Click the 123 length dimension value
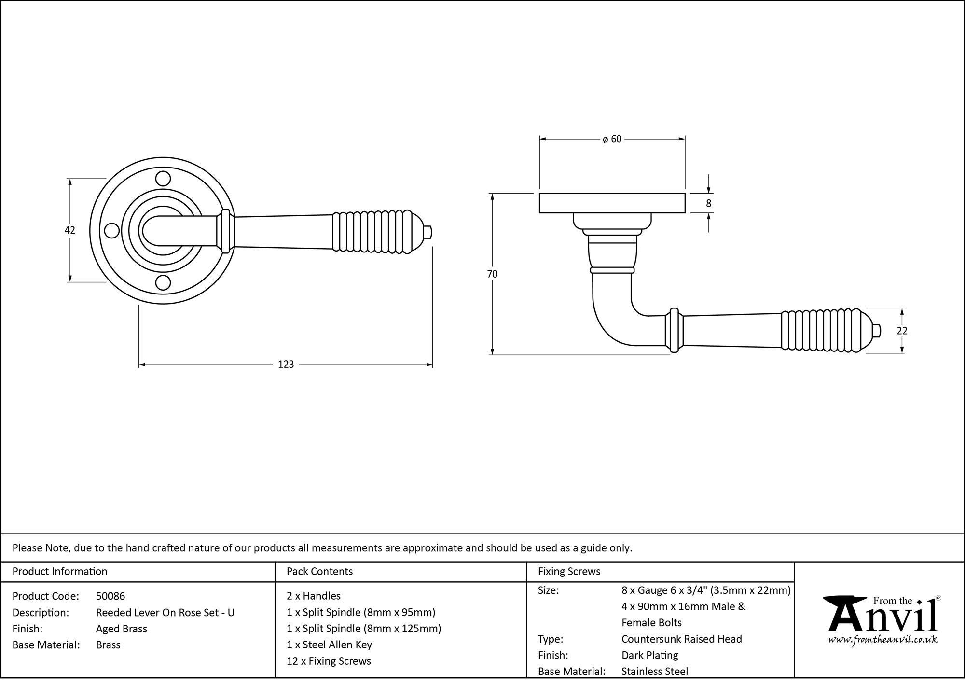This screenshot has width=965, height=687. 286,365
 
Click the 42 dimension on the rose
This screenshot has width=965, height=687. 70,230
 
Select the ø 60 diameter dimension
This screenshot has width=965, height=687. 612,139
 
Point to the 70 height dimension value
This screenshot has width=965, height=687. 492,274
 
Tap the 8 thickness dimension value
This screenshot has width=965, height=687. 708,204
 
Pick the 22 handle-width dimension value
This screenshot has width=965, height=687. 902,331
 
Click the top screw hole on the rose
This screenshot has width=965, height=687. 164,179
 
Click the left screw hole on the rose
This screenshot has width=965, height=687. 112,231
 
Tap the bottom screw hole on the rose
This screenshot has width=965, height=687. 164,283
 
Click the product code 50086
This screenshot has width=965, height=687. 110,596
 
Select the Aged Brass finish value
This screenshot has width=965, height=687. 122,629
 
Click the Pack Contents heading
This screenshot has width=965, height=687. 319,571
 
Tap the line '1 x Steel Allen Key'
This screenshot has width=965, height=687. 329,645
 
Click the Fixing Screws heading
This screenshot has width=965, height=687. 569,571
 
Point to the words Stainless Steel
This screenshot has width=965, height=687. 655,671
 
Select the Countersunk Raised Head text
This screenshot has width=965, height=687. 681,639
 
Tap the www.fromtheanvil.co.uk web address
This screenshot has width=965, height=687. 883,640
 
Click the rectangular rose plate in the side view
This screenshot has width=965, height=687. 612,203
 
